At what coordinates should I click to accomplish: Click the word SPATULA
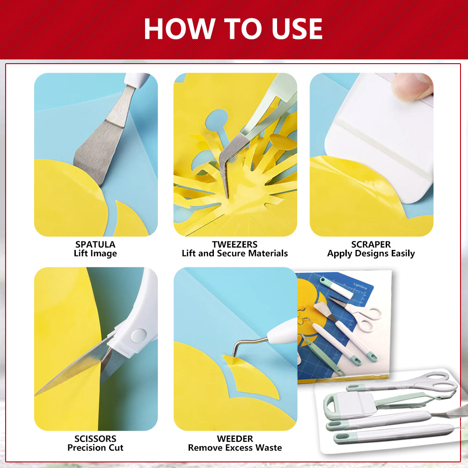(95, 244)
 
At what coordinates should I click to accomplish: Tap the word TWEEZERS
(234, 244)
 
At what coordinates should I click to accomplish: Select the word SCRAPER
(371, 244)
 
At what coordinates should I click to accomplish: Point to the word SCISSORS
(95, 439)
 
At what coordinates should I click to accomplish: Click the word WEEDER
(234, 439)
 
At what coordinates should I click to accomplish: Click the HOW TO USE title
(233, 29)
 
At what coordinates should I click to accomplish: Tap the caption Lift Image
(95, 254)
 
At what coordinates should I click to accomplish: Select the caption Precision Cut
(95, 448)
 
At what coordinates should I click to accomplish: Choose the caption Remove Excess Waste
(234, 448)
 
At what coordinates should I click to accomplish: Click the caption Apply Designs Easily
(371, 254)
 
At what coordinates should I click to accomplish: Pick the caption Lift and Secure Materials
(234, 254)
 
